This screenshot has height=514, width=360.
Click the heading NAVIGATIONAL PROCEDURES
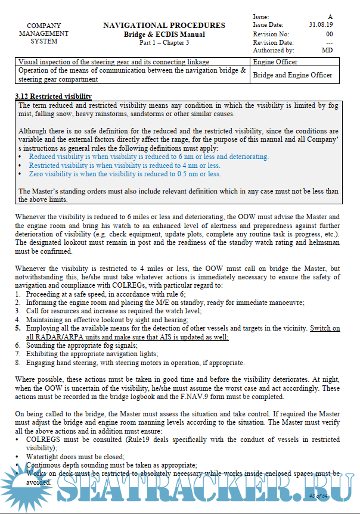[x=164, y=26]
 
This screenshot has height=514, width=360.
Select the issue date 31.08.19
[x=321, y=25]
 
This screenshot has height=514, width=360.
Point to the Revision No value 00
[x=329, y=34]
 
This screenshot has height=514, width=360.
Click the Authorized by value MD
[x=327, y=51]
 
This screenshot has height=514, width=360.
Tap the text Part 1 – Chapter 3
[x=164, y=43]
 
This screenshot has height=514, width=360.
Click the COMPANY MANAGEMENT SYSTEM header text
[x=44, y=33]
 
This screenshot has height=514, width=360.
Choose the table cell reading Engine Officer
[x=275, y=62]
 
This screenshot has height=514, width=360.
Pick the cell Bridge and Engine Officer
[x=293, y=75]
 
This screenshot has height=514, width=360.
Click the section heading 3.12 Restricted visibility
[x=53, y=96]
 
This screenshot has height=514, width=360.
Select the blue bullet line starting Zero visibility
[x=125, y=175]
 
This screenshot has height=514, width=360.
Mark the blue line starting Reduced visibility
[x=148, y=157]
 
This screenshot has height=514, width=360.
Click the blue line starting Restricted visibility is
[x=124, y=166]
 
